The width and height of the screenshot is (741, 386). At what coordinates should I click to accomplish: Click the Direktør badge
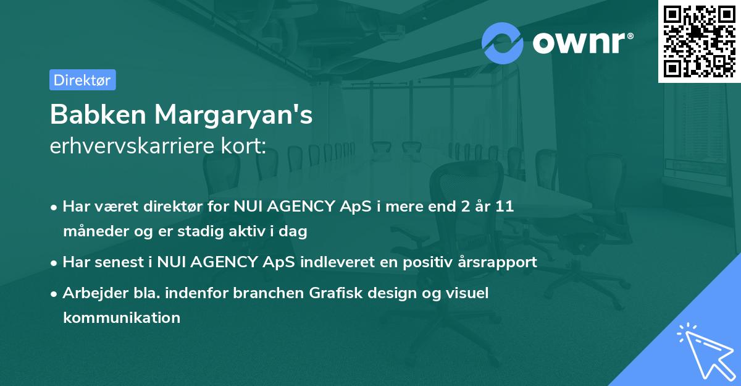point(82,80)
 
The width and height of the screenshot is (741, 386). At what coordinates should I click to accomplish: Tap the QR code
point(699,41)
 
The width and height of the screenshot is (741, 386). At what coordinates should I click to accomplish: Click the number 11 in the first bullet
point(505,207)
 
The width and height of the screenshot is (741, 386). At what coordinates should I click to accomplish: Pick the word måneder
point(90,231)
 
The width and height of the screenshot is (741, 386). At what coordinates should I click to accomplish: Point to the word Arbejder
point(91,293)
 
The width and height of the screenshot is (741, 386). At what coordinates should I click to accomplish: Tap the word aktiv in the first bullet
point(254,231)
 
